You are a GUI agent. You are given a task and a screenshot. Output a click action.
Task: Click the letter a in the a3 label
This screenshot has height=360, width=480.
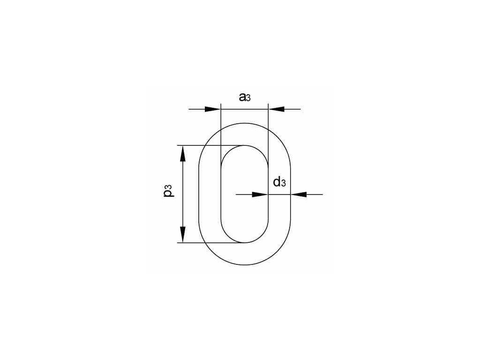click(x=242, y=97)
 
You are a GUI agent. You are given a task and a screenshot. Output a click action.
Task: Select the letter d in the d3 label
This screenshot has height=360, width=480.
click(x=277, y=182)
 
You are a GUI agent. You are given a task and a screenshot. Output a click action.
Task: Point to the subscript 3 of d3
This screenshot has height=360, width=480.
click(x=284, y=183)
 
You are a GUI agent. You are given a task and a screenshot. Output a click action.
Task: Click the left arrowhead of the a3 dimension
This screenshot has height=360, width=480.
click(x=213, y=109)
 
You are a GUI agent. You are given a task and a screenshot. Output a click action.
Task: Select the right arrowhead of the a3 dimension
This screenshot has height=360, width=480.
click(x=277, y=109)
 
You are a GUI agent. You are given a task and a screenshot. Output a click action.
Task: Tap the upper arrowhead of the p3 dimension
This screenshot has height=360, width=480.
click(x=183, y=154)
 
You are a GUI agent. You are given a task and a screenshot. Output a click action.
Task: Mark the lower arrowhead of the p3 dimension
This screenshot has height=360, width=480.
click(x=183, y=234)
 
